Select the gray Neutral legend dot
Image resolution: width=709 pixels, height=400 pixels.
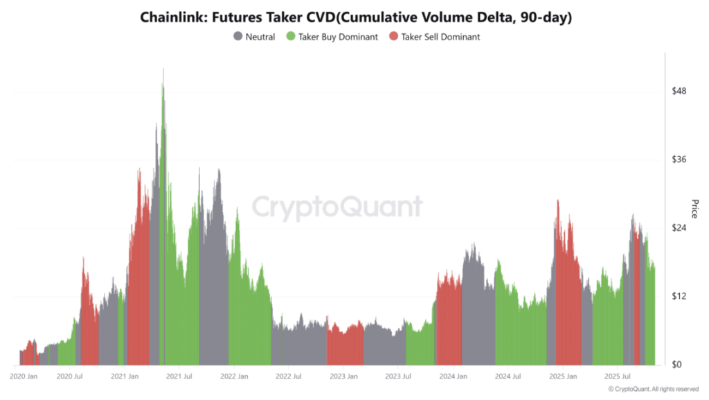tap(238, 37)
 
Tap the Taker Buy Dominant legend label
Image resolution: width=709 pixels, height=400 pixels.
tap(338, 37)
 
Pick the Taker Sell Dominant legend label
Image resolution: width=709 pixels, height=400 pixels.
tap(440, 37)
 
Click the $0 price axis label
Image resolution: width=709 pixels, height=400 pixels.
tap(678, 365)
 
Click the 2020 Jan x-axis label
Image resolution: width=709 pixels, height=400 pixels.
tap(24, 377)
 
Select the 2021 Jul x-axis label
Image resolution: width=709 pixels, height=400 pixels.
tap(179, 377)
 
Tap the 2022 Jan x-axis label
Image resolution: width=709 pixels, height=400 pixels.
tap(233, 377)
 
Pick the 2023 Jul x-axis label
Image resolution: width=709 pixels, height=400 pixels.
tap(397, 377)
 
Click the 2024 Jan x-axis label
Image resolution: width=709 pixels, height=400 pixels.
tap(452, 377)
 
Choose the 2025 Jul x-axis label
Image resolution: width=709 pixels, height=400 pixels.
tap(616, 377)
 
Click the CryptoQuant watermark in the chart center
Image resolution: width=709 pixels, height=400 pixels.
tap(336, 207)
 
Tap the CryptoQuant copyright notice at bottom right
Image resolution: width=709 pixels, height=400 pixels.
tap(654, 390)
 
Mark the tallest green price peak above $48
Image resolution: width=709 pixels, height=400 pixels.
tap(163, 69)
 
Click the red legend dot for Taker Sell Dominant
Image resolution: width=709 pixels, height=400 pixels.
tap(394, 37)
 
